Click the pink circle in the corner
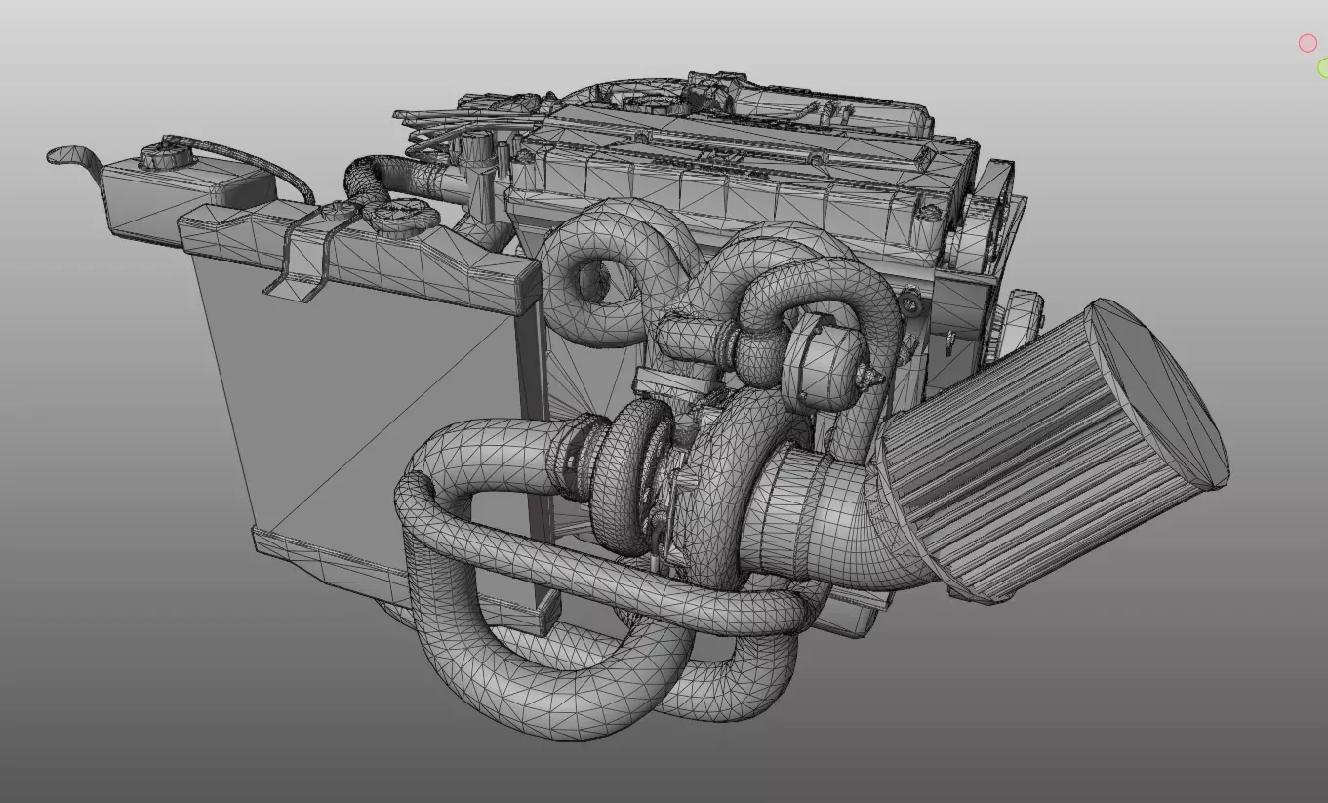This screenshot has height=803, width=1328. (1308, 43)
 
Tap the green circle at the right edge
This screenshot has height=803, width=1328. (1322, 67)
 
